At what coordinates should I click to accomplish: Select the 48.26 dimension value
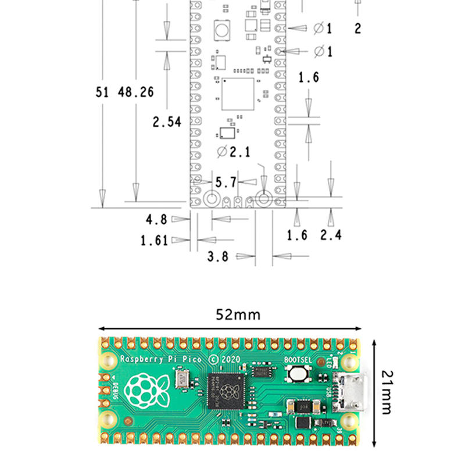[x=136, y=92]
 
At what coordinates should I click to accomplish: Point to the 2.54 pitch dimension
[x=167, y=122]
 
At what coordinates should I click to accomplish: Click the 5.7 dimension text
[x=226, y=183]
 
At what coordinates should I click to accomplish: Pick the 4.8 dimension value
[x=156, y=220]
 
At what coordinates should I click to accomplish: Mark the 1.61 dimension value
[x=154, y=240]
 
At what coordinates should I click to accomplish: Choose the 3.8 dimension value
[x=218, y=256]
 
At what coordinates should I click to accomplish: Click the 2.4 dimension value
[x=331, y=235]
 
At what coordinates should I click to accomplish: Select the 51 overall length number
[x=102, y=92]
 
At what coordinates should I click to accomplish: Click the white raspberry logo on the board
[x=148, y=389]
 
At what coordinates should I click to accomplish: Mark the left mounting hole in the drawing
[x=211, y=199]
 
